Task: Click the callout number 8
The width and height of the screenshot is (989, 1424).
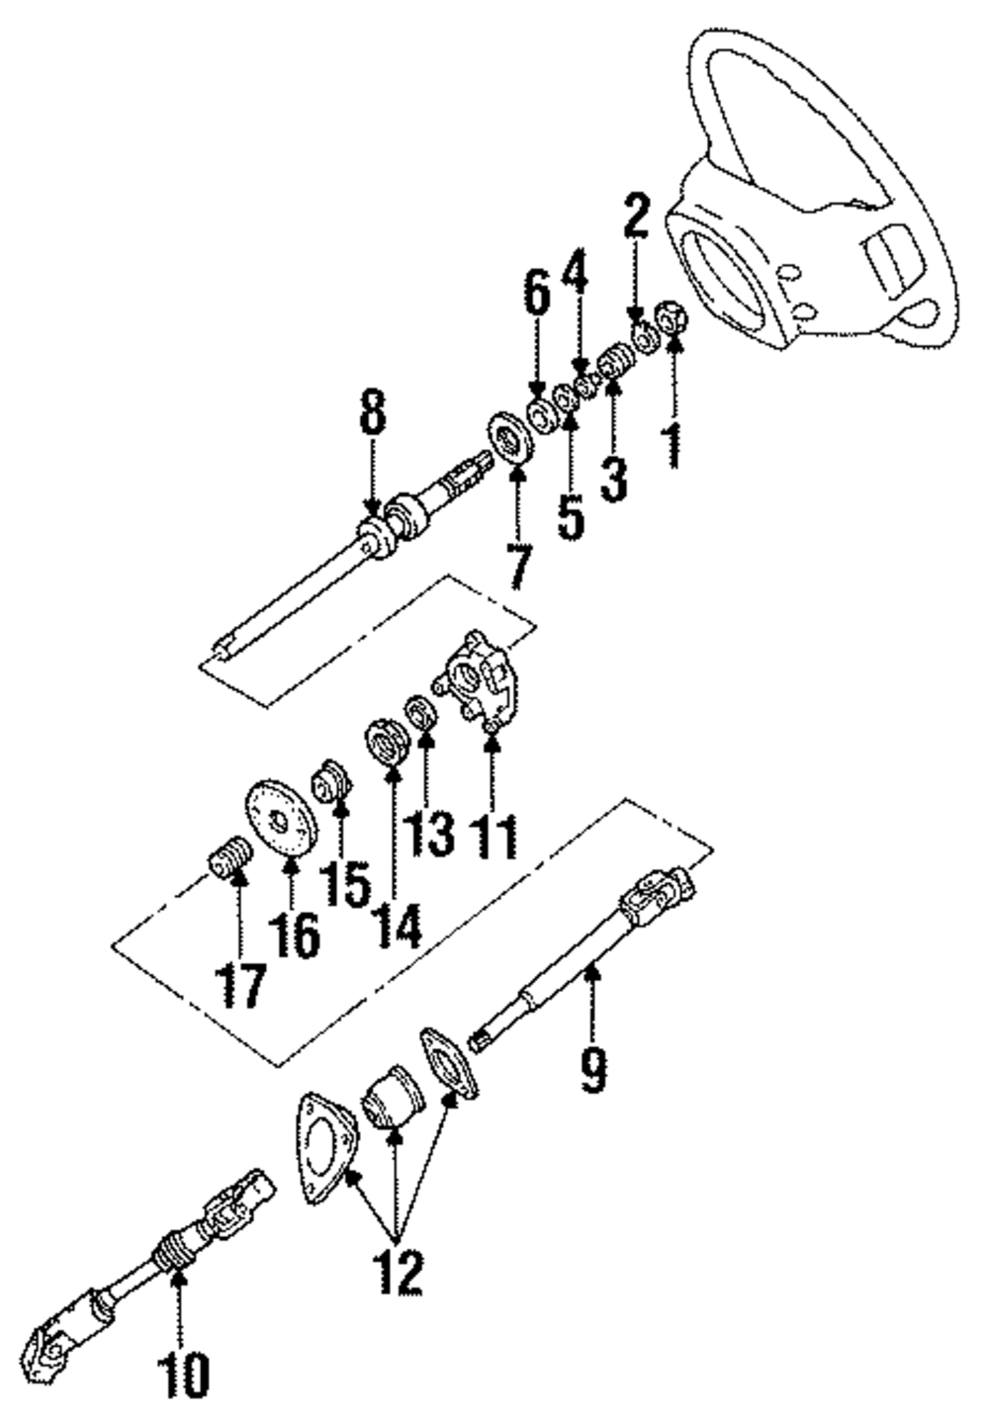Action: click(x=373, y=416)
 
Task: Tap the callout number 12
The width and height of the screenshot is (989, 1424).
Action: click(x=397, y=1272)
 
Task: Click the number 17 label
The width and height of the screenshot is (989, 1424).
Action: click(x=241, y=984)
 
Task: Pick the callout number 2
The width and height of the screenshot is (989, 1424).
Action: click(x=635, y=216)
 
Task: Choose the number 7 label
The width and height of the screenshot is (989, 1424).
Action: click(x=517, y=564)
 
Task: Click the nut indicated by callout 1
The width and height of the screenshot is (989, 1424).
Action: click(x=673, y=318)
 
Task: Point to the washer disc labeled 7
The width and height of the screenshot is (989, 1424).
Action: click(x=512, y=440)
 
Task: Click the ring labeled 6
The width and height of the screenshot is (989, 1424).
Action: click(x=541, y=414)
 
